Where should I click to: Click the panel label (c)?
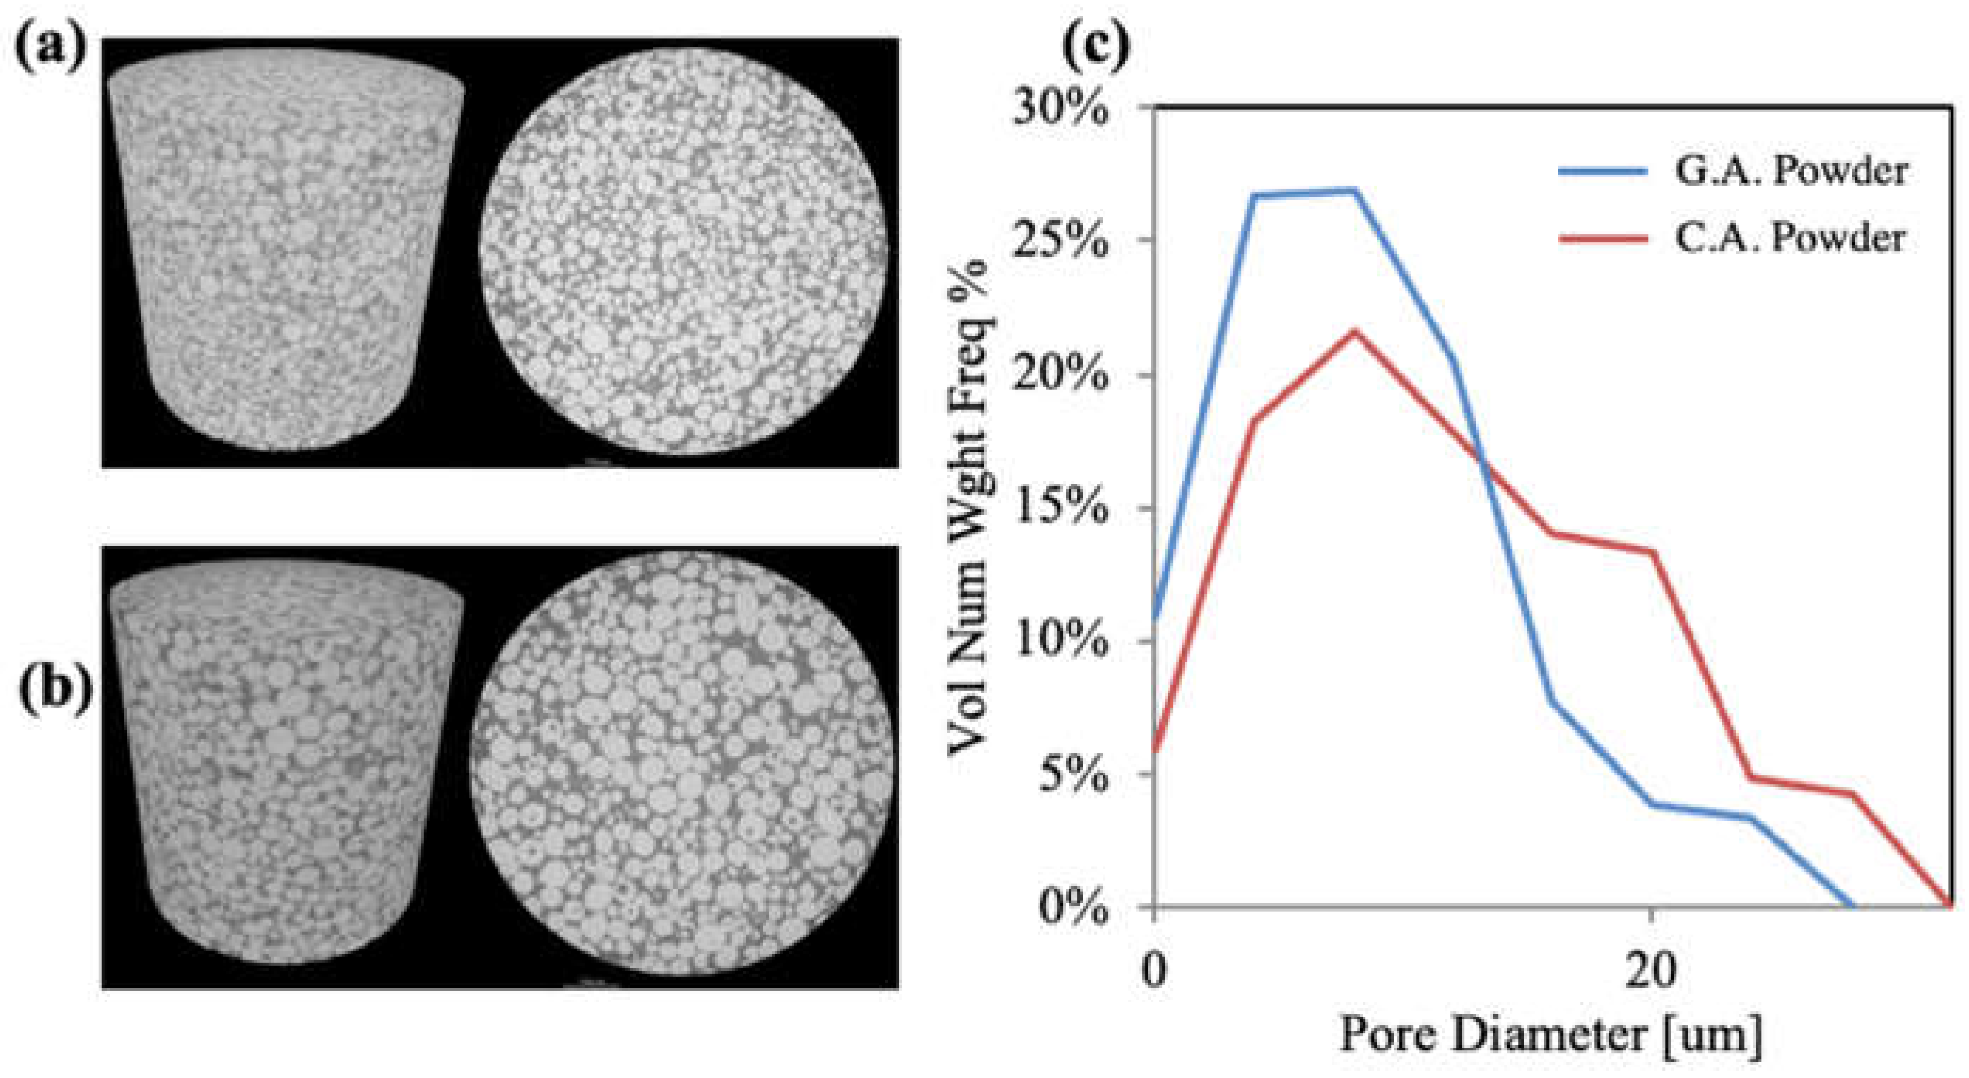(x=1095, y=47)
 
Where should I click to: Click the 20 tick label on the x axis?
(x=1651, y=969)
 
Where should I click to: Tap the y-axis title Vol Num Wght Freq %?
(x=971, y=508)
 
